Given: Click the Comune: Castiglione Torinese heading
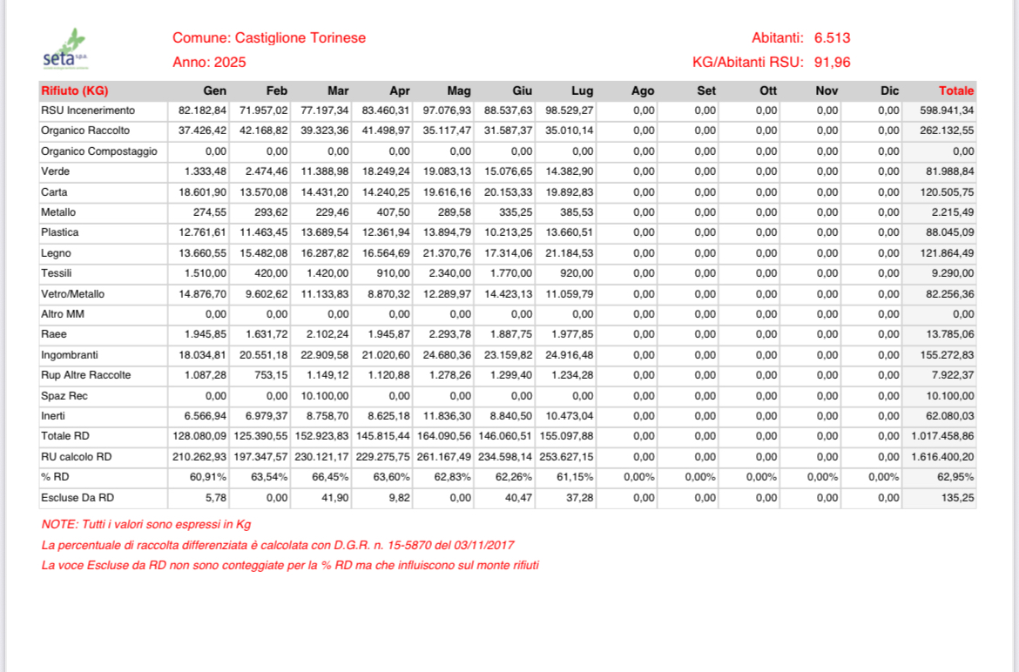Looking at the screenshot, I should click(269, 38).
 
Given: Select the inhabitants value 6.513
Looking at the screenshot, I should click(832, 38).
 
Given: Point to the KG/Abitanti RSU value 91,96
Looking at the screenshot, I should click(832, 63).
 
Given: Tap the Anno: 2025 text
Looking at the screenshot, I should click(209, 63).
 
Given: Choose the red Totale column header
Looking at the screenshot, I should click(955, 91).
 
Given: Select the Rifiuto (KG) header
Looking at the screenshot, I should click(74, 91).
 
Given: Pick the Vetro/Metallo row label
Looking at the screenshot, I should click(73, 294).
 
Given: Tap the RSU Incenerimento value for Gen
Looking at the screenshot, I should click(202, 111).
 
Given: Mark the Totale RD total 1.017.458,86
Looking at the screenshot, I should click(941, 435).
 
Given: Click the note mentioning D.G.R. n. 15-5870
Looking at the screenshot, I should click(278, 545).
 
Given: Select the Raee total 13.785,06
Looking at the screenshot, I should click(950, 334).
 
